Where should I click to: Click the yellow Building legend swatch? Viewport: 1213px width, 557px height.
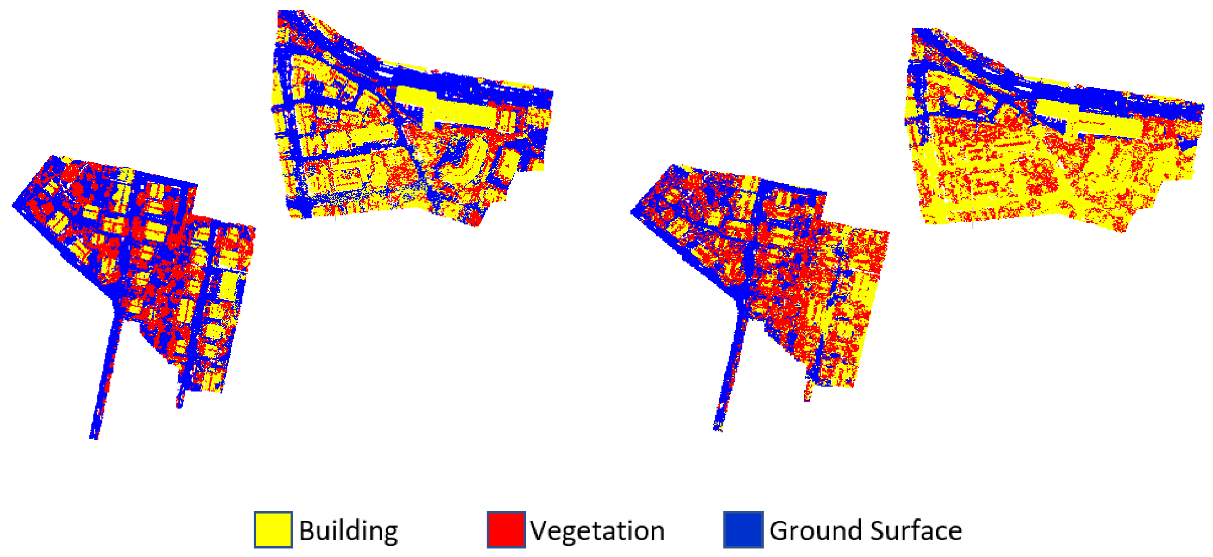pos(273,530)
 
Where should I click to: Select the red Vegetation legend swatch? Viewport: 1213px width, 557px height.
pos(506,530)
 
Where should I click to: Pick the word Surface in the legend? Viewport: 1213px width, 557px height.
pos(916,531)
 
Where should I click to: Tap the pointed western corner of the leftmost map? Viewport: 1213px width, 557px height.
pos(14,206)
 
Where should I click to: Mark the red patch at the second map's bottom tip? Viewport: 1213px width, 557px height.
pos(476,219)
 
